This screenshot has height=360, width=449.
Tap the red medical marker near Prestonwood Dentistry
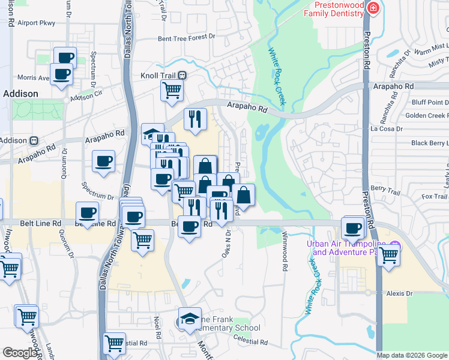coord(373,8)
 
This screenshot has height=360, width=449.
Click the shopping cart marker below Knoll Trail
coord(172,90)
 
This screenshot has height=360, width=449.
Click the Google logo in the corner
coord(20,353)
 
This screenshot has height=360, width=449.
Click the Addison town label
coord(20,94)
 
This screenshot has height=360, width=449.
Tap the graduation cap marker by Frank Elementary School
coord(190,318)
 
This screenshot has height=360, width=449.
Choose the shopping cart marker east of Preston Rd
coord(388,254)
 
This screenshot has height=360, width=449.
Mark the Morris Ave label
coord(33,78)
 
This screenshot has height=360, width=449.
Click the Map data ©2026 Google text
coord(412,355)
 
